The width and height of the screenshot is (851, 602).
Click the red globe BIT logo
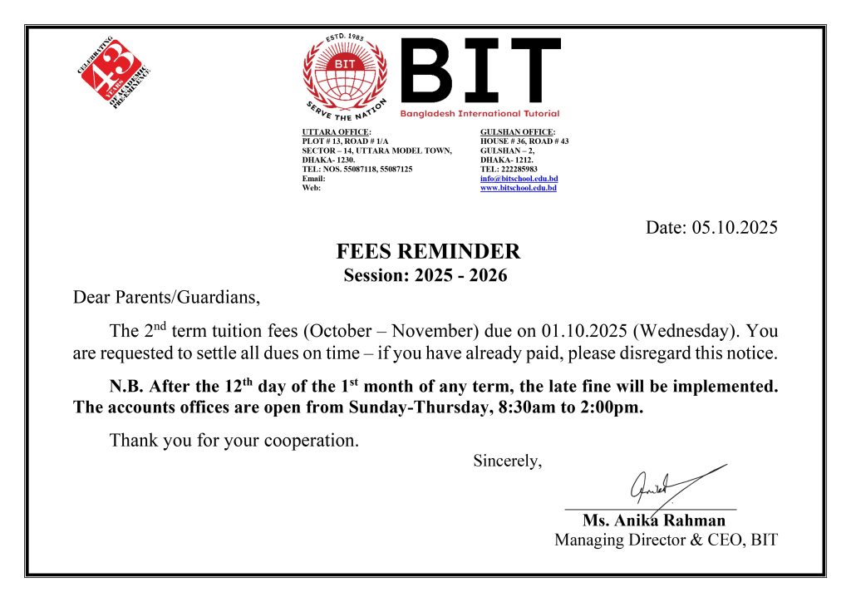(x=346, y=74)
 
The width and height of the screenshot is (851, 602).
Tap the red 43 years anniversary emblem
(x=115, y=70)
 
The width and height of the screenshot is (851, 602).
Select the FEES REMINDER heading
(x=428, y=252)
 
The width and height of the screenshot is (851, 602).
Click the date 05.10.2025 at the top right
(x=735, y=227)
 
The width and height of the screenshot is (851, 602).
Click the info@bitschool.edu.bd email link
(x=519, y=179)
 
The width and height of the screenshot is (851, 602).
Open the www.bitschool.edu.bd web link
(x=519, y=188)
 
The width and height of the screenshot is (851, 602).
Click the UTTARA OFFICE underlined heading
(x=336, y=132)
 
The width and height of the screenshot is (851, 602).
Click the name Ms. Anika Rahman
(x=653, y=521)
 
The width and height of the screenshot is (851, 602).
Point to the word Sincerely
(x=507, y=461)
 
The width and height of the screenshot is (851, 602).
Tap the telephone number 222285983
(x=520, y=169)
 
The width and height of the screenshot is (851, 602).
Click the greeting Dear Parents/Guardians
(x=166, y=296)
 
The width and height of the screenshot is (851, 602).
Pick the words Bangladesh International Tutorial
(x=480, y=113)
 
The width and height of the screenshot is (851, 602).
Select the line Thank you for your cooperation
(x=234, y=441)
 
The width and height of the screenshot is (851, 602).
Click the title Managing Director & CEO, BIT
(x=666, y=540)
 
